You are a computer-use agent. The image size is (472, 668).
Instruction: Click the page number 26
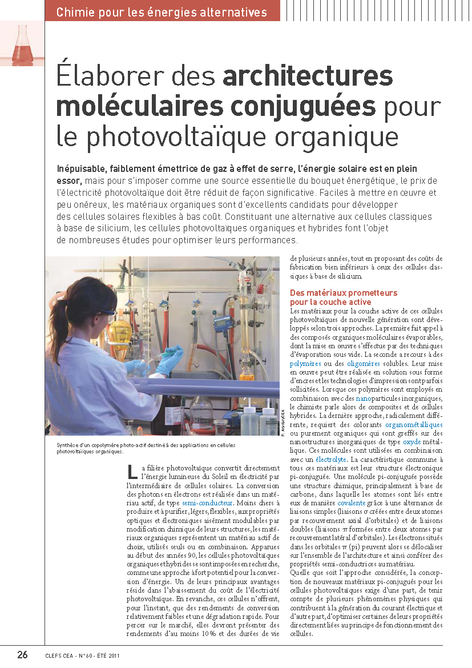click(x=22, y=655)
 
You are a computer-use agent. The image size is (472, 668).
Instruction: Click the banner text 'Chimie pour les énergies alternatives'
click(x=162, y=11)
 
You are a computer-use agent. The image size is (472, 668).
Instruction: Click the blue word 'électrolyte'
click(x=331, y=459)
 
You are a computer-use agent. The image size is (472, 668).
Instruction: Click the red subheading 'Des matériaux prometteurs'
click(x=343, y=293)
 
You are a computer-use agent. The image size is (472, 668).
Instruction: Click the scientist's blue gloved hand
click(x=169, y=361)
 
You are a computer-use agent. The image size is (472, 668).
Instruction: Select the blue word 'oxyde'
click(x=412, y=442)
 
